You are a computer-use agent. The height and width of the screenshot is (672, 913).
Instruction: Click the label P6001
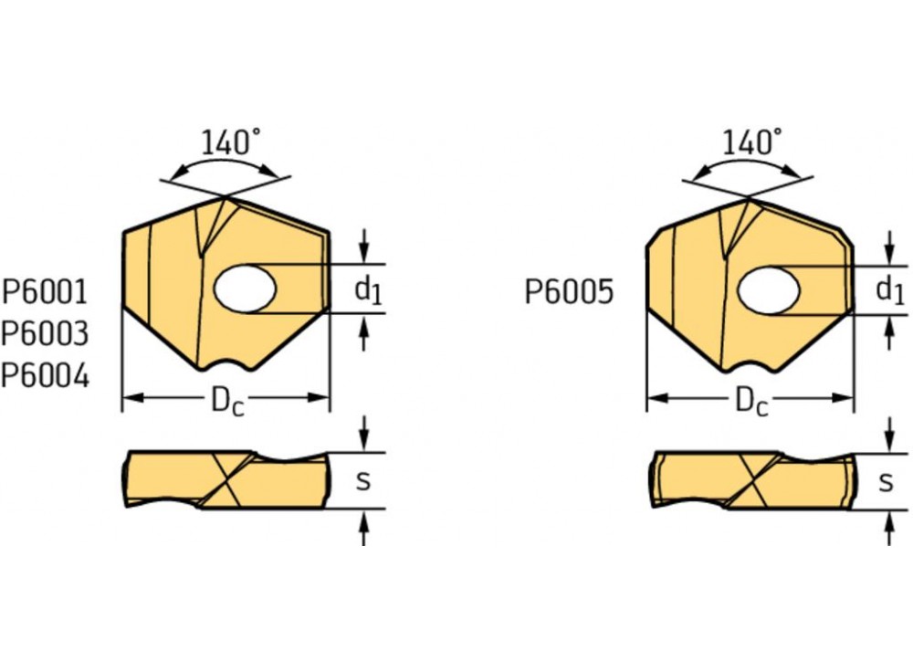click(x=45, y=292)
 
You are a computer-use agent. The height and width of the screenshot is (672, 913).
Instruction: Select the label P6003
click(x=45, y=334)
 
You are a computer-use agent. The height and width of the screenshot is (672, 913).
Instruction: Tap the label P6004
click(x=45, y=375)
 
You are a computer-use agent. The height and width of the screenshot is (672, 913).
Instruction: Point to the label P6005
click(x=569, y=292)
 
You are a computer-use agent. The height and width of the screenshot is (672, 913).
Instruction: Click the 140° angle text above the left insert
click(x=230, y=142)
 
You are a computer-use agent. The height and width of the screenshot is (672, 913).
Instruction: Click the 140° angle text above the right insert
click(x=752, y=142)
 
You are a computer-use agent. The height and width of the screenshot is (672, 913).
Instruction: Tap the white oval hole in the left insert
click(x=245, y=289)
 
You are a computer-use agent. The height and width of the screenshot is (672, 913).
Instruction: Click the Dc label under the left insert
click(x=227, y=402)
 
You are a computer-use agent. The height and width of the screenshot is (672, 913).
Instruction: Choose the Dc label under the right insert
click(x=750, y=402)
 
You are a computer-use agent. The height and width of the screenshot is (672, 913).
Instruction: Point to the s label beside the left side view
click(x=362, y=480)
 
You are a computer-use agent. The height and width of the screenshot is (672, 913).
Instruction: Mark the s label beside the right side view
click(x=885, y=480)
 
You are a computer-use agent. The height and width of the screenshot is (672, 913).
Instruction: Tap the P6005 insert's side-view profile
click(x=752, y=479)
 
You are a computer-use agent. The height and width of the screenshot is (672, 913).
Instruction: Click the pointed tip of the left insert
click(x=225, y=197)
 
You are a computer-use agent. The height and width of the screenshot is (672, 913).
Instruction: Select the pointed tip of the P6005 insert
click(x=749, y=198)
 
